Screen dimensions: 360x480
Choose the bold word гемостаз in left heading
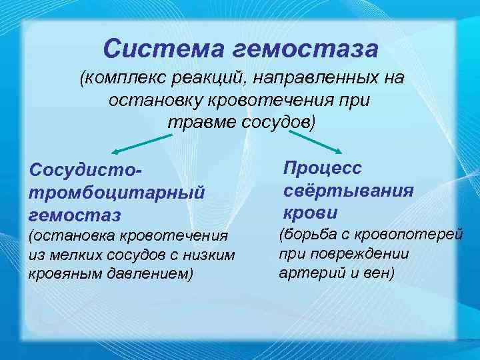point(74,215)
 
